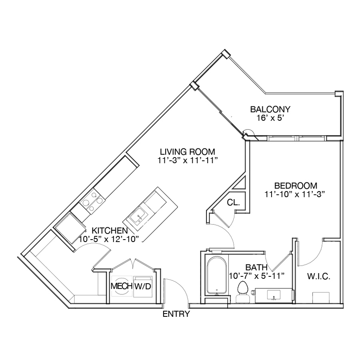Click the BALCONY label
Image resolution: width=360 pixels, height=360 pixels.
(270, 109)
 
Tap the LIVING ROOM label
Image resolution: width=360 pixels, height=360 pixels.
(187, 152)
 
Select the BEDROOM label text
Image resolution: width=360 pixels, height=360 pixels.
(296, 186)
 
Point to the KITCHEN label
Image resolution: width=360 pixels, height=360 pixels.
(110, 230)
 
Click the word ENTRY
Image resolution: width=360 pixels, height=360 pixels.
(176, 314)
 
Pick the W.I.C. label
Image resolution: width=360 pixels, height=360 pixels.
(319, 276)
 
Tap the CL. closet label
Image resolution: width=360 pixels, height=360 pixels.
(234, 202)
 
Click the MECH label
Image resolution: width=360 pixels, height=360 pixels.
(122, 286)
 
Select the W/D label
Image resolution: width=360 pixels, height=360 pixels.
(142, 286)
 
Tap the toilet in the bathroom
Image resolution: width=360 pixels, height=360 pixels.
(243, 292)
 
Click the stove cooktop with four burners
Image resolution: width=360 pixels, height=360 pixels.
(92, 201)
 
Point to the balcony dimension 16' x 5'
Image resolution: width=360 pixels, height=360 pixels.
(270, 118)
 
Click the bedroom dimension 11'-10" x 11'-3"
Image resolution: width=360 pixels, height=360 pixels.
(294, 194)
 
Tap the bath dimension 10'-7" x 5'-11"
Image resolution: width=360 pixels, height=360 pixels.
(257, 276)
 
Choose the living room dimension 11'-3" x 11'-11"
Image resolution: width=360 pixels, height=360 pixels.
(187, 160)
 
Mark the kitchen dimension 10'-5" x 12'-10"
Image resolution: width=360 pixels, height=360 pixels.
(109, 239)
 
